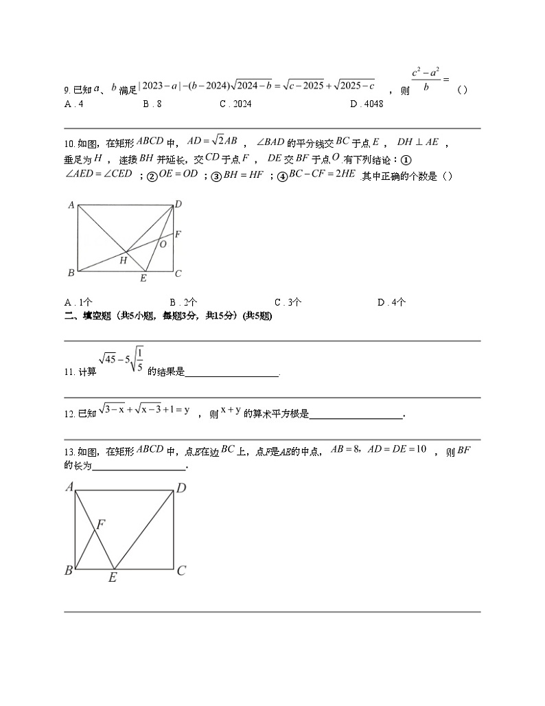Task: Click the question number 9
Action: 67,90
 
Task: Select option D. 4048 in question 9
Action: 366,104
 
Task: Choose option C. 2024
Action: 235,104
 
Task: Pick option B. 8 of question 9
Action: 152,104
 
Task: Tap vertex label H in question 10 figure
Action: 124,260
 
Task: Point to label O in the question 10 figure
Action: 163,243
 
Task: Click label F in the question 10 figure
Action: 178,234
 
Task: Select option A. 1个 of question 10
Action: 78,302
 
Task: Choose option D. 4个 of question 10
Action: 391,302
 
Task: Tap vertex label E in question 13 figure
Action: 113,578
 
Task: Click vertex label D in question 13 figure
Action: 181,488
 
